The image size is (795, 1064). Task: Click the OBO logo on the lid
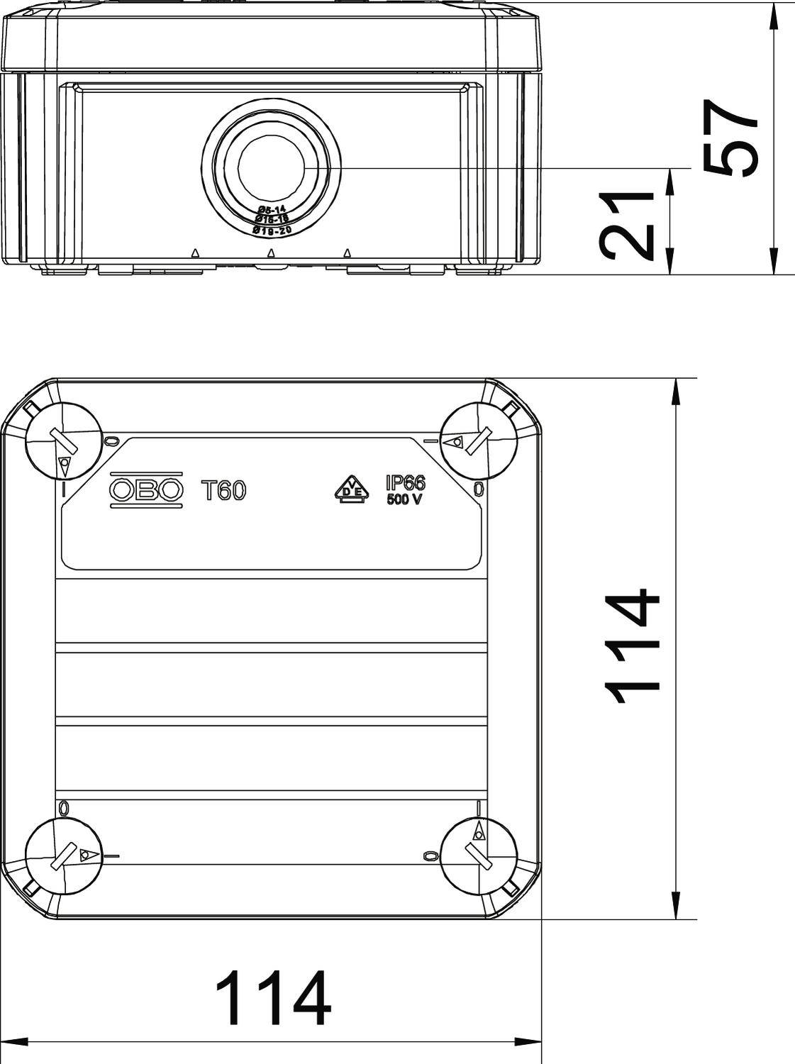click(x=146, y=490)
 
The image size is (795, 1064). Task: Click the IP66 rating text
click(x=405, y=483)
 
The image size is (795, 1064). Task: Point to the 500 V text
click(x=405, y=499)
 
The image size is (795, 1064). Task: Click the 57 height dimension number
click(x=731, y=136)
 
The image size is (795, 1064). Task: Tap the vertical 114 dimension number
click(x=633, y=646)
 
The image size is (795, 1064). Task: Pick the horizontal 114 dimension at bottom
click(x=273, y=999)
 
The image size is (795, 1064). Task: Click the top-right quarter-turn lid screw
click(x=478, y=440)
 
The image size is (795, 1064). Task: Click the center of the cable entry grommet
click(x=271, y=168)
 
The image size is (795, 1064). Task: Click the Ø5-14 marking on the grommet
click(x=272, y=209)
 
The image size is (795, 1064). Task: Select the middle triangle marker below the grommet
click(x=270, y=253)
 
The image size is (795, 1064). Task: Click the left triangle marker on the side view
click(x=194, y=253)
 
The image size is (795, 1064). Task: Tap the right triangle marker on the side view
click(x=347, y=253)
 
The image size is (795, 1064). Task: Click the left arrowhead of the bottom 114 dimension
click(x=14, y=1042)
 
